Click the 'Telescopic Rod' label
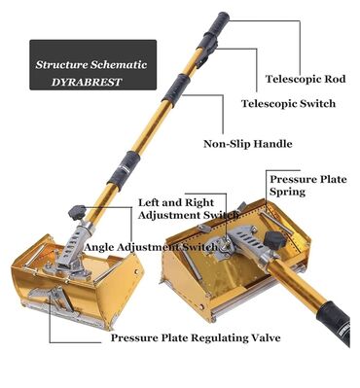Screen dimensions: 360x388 306,80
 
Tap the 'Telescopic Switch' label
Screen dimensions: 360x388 288,104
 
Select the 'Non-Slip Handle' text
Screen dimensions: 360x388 248,144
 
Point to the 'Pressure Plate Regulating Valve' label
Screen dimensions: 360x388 196,338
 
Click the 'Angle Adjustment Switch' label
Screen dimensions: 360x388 151,247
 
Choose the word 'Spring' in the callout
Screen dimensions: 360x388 288,192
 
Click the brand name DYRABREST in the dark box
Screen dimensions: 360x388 87,82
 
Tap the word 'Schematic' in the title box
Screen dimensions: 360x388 119,64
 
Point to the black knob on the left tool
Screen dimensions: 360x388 77,212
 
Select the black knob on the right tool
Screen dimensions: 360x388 274,240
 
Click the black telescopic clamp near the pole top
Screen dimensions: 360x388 206,48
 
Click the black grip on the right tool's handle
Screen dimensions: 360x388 334,322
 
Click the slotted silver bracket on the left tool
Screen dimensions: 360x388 73,245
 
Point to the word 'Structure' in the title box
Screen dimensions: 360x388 61,64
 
